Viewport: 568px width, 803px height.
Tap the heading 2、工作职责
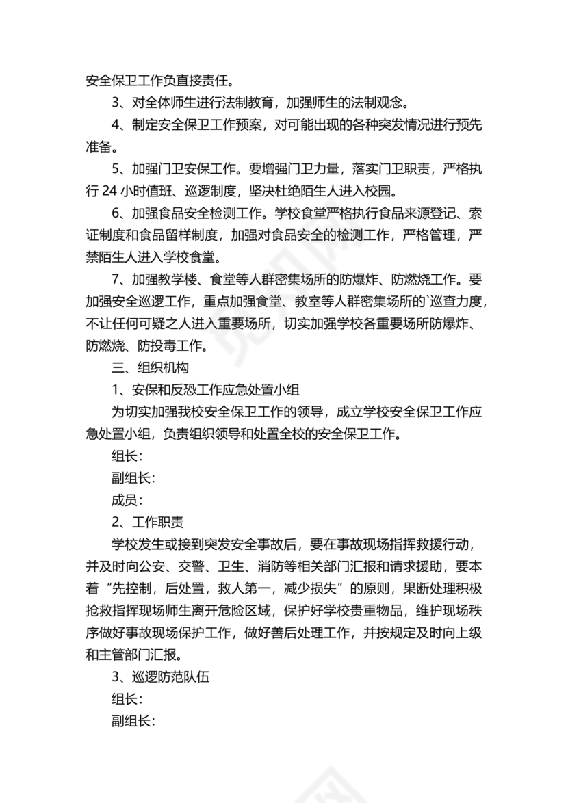(147, 523)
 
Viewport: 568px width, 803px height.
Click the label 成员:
(127, 501)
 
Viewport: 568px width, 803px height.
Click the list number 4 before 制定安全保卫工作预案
(116, 124)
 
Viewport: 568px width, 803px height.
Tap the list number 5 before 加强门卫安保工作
(116, 168)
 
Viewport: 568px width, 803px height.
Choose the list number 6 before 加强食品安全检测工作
(116, 212)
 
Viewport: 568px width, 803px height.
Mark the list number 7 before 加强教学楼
(116, 279)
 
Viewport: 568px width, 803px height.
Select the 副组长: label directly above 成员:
(133, 478)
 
